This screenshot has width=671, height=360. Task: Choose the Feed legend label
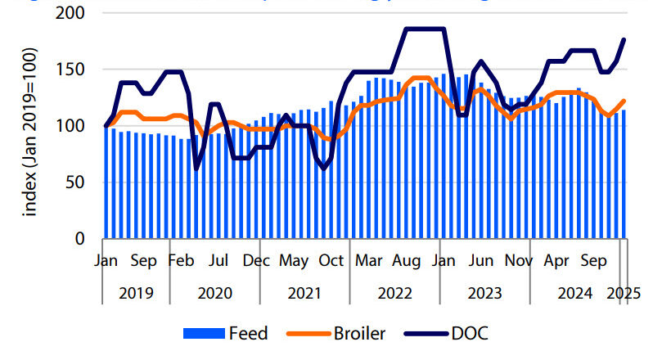tap(247, 333)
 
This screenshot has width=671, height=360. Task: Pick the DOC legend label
tap(470, 333)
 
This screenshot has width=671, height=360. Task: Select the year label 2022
tap(394, 293)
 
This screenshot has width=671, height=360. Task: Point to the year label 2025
tap(624, 293)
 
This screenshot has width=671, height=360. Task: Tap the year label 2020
tap(215, 293)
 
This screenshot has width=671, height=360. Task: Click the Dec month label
tap(256, 262)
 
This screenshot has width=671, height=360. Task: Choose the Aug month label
tap(406, 262)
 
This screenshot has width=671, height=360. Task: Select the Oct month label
tap(331, 262)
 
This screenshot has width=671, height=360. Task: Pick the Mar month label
tap(369, 262)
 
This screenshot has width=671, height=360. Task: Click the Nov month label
tap(518, 262)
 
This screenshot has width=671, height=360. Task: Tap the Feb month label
tap(181, 262)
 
